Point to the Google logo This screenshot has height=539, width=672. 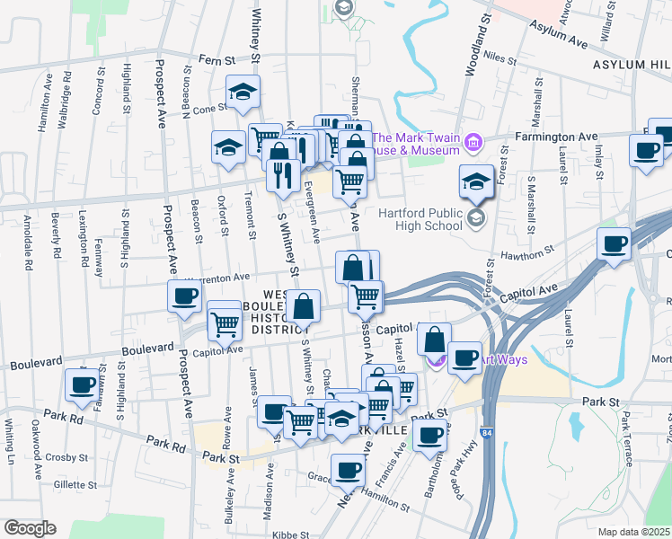31,528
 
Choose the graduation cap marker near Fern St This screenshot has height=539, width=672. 242,93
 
